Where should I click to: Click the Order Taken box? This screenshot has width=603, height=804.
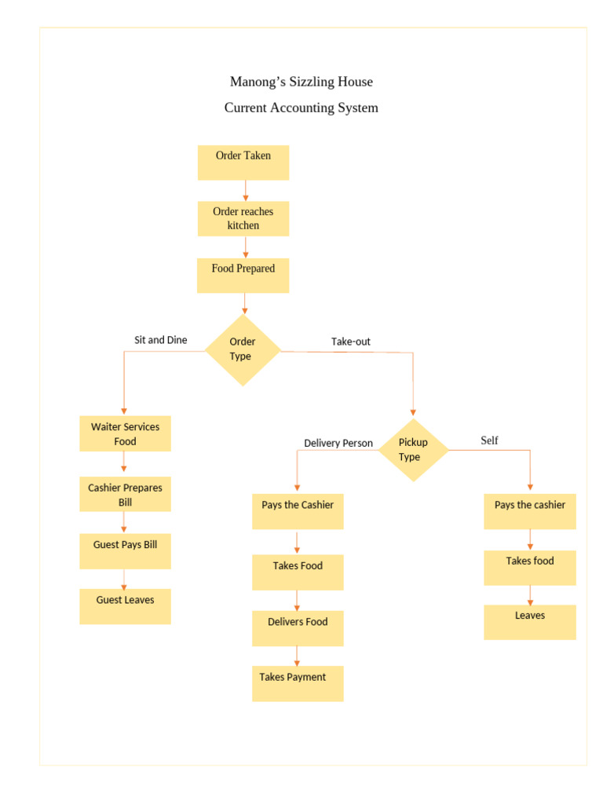pos(243,163)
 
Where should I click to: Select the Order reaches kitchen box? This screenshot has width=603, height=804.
pos(243,218)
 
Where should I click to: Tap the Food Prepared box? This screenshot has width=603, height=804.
pos(243,276)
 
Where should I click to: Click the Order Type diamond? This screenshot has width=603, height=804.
pos(243,349)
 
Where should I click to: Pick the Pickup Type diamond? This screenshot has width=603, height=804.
pos(413,450)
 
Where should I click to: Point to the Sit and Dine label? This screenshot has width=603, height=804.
pos(160,340)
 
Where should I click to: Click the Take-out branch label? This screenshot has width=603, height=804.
pos(350,342)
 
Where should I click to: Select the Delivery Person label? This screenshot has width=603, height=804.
pos(338,443)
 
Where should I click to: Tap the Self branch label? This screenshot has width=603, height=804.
pos(489,440)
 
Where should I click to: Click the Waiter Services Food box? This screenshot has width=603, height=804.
pos(125,433)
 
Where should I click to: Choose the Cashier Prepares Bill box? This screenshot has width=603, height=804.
pos(125,495)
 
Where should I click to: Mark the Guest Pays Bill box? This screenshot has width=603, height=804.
pos(125,551)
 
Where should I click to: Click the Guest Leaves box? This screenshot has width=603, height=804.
pos(125,606)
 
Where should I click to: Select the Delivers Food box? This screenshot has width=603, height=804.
pos(298,628)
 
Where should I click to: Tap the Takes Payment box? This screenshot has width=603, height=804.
pos(298,683)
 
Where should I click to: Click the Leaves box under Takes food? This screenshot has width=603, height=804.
pos(529,622)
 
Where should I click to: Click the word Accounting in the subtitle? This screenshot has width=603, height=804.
pos(301,108)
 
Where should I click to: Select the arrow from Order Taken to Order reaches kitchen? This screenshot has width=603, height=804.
pos(246,191)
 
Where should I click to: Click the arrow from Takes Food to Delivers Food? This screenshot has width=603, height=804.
pos(297,601)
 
